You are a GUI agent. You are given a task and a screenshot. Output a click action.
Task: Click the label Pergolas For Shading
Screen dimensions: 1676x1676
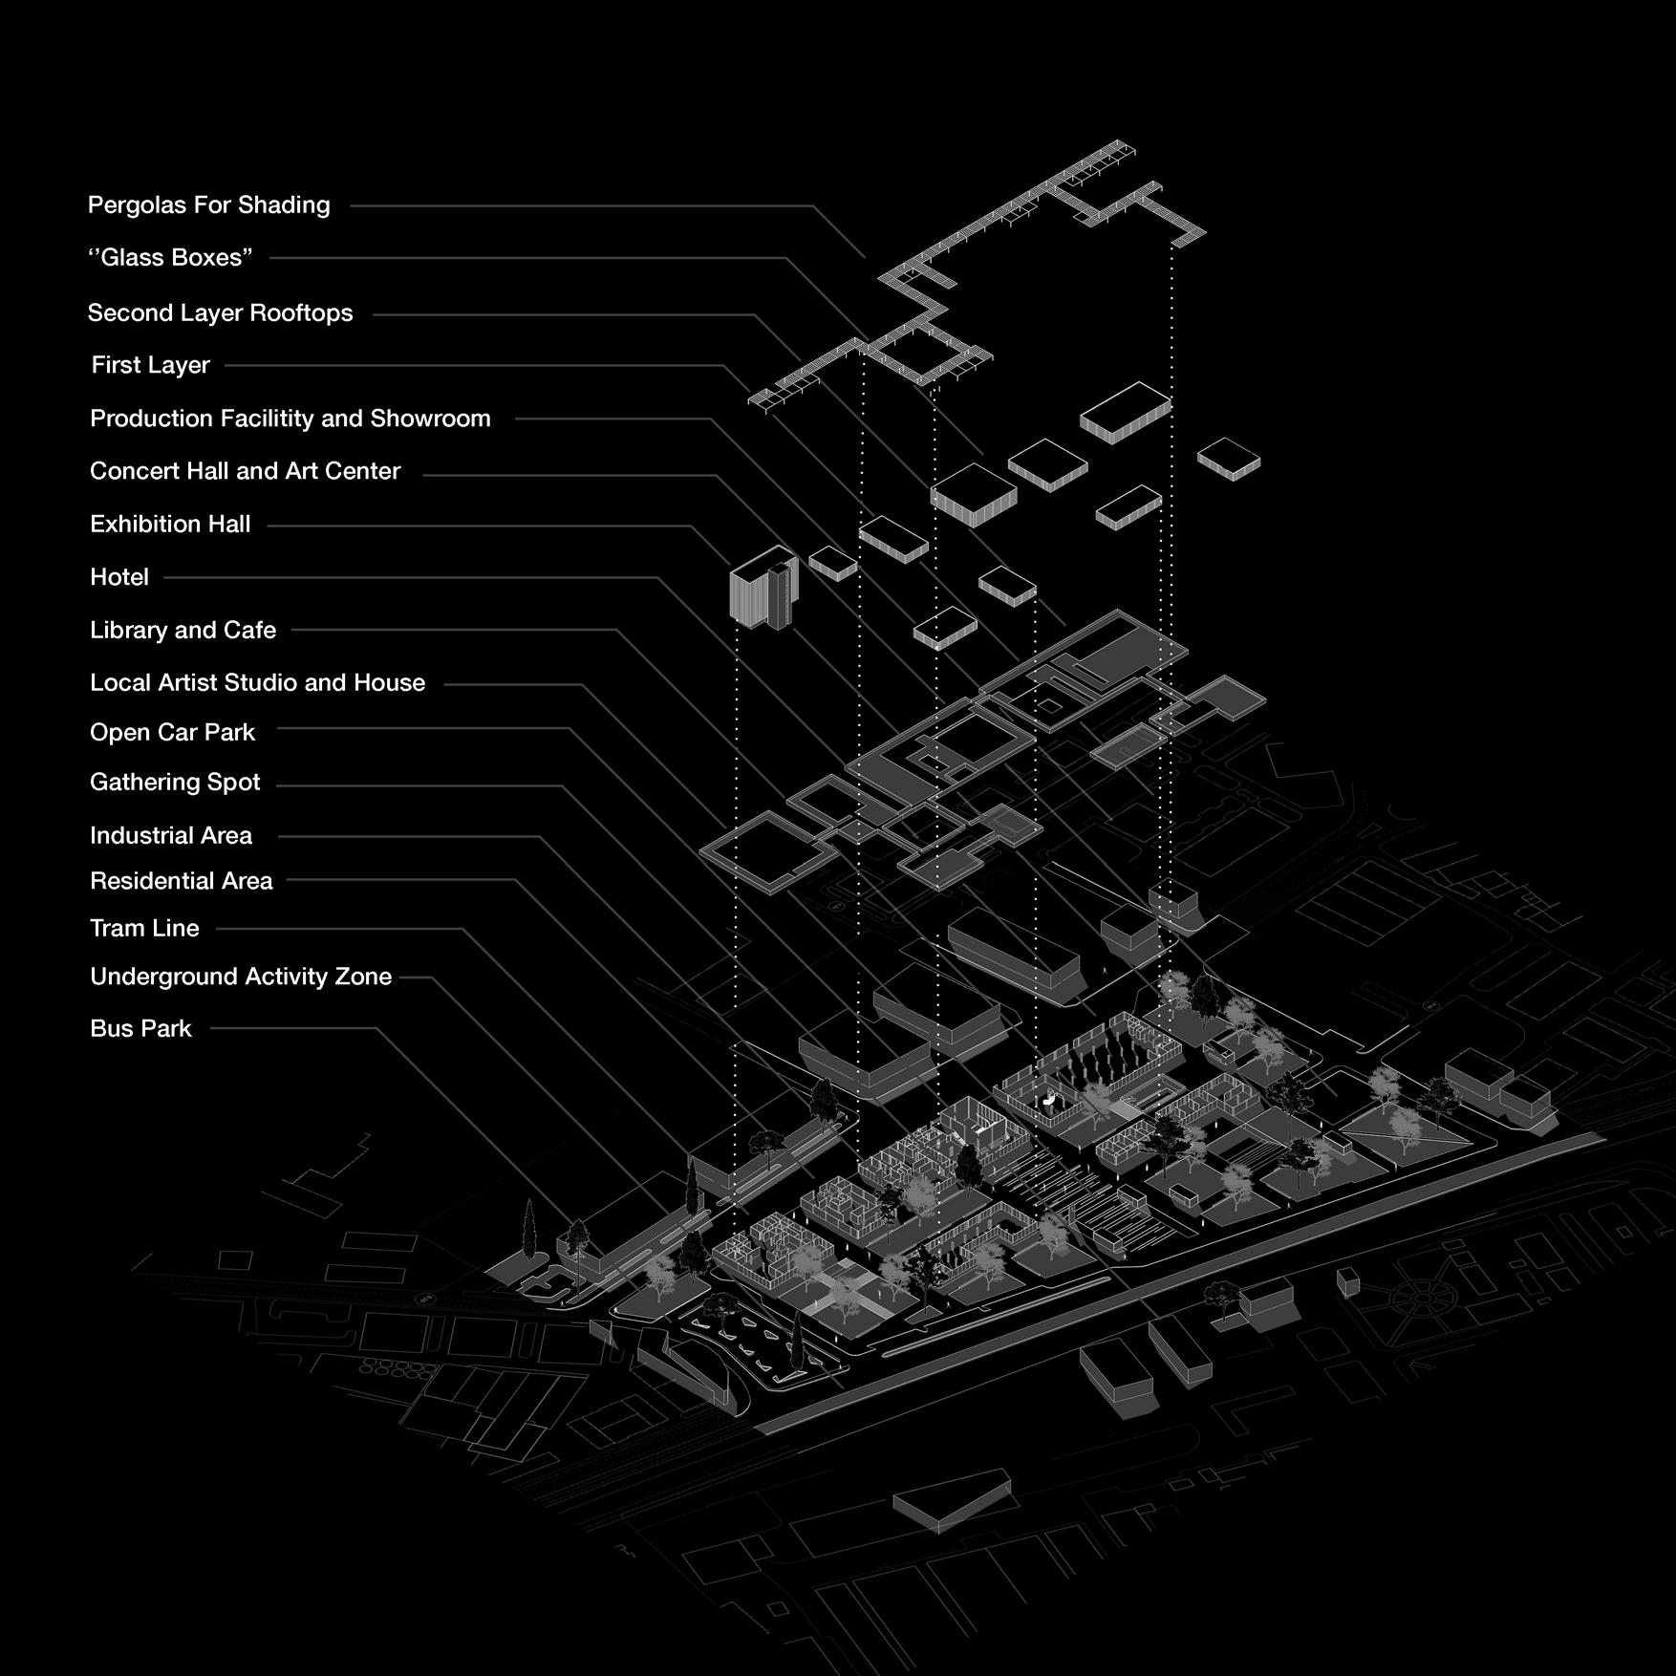208,204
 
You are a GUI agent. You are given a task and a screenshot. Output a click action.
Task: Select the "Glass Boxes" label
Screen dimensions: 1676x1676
170,257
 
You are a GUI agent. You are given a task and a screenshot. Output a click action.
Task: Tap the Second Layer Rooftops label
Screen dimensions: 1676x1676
220,312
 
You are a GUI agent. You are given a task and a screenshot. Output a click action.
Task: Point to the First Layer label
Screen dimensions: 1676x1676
150,365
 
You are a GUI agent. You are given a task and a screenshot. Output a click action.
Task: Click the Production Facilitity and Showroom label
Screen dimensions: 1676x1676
290,419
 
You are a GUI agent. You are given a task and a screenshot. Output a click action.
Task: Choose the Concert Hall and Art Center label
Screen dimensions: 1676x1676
245,471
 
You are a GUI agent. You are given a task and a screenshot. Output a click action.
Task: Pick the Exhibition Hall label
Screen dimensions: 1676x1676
170,524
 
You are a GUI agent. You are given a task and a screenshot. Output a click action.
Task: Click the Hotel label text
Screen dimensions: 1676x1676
119,577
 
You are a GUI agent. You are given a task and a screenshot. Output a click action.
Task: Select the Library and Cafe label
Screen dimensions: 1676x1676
183,630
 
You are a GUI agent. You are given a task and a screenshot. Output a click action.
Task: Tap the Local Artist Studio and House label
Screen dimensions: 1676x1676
257,682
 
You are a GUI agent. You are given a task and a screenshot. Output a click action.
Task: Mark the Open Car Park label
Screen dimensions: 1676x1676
172,732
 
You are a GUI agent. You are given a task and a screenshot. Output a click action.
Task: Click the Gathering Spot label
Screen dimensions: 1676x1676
175,783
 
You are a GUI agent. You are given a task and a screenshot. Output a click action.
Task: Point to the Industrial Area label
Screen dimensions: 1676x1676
171,835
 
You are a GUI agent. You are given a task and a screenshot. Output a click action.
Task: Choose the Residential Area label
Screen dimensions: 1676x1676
181,881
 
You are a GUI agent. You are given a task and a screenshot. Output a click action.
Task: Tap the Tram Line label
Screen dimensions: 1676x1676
144,928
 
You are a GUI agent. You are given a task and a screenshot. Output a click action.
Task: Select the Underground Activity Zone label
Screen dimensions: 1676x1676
240,977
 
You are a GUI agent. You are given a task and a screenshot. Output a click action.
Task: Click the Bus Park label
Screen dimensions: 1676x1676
140,1028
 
